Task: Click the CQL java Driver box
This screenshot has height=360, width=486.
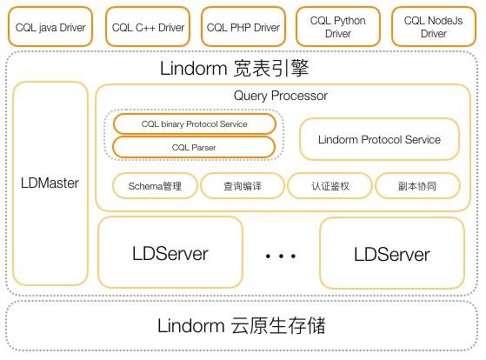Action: pos(50,27)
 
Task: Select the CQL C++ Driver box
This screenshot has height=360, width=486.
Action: pos(148,27)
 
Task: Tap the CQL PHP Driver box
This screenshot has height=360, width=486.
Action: pos(243,27)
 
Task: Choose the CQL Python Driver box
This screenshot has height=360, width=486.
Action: pos(337,27)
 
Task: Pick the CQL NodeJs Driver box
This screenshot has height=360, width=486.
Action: pos(433,27)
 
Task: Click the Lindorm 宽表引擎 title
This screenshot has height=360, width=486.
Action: pos(235,68)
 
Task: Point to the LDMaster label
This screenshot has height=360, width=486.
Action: pos(50,183)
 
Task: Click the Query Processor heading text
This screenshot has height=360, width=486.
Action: pos(281,96)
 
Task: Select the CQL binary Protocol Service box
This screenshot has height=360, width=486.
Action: pos(195,124)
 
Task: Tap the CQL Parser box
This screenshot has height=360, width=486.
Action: pos(195,148)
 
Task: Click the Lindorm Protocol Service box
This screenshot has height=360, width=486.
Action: pos(379,139)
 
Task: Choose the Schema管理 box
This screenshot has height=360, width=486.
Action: pos(155,186)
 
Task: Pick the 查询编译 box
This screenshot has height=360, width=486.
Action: pos(242,186)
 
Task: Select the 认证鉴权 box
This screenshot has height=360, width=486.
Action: pos(329,186)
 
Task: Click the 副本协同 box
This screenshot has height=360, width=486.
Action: pos(416,186)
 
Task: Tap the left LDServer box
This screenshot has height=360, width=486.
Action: pos(170,254)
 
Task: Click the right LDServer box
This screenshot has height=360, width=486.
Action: pos(392,254)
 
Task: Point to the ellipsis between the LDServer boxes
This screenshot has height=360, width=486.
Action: pos(281,257)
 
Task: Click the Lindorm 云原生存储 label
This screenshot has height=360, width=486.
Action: pos(242,326)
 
